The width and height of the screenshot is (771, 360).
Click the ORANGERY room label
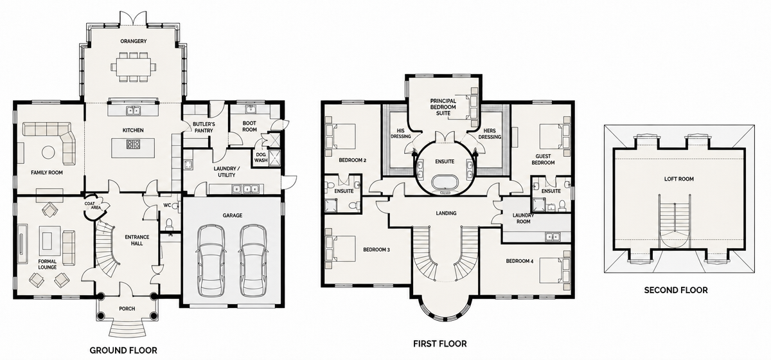[x=133, y=41]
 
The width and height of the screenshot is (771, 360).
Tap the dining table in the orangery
[x=133, y=67]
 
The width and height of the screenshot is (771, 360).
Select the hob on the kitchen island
[x=133, y=144]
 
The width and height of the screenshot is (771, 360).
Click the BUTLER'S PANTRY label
[x=204, y=127]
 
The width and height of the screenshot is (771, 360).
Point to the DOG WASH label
[x=261, y=157]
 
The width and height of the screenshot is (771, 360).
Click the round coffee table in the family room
[x=48, y=152]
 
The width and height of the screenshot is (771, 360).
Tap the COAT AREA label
[x=93, y=206]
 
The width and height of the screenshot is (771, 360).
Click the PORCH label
[x=127, y=309]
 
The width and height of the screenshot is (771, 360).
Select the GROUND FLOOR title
[x=123, y=350]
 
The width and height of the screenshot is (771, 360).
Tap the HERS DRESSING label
[x=490, y=134]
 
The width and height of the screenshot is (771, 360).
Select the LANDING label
[x=446, y=213]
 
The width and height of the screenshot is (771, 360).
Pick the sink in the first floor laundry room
[x=552, y=237]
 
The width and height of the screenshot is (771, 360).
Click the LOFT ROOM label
[x=678, y=179]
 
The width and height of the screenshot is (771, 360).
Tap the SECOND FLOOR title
[x=676, y=290]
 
